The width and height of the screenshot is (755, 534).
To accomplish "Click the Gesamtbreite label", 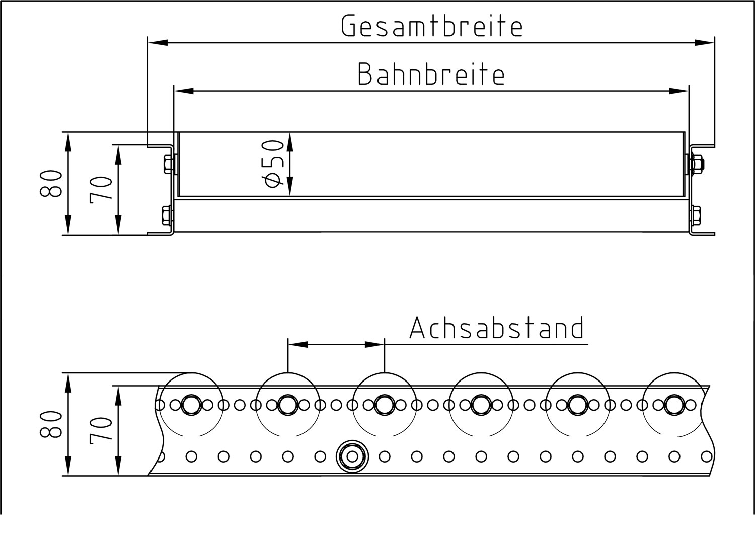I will click(x=432, y=26).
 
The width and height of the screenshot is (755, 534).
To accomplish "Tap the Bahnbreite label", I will click(x=431, y=74).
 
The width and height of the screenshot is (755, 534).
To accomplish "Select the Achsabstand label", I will click(x=497, y=328).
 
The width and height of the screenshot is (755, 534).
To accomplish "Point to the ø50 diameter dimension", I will click(x=275, y=164).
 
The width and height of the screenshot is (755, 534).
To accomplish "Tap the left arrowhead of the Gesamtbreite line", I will click(x=158, y=43).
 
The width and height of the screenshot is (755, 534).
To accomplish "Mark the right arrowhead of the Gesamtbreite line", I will click(x=704, y=43).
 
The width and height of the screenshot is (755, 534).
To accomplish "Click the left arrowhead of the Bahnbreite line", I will click(x=184, y=91).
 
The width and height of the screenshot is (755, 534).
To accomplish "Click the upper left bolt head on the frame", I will click(x=168, y=164).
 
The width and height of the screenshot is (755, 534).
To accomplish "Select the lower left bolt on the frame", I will click(x=168, y=217).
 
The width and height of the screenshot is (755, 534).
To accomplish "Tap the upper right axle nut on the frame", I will click(x=697, y=164).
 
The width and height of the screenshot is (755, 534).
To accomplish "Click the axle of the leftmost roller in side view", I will click(x=191, y=404).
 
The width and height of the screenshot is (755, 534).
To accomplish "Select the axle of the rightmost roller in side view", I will click(x=673, y=404).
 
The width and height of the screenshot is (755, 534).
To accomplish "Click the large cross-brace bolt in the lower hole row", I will click(x=352, y=456).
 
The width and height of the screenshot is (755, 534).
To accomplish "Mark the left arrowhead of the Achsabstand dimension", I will click(x=297, y=345).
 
